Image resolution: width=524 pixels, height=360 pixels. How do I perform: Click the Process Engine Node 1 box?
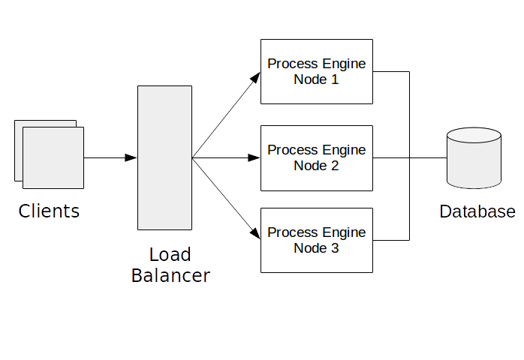point(316,71)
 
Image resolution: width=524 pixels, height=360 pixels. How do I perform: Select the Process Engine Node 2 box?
point(316,157)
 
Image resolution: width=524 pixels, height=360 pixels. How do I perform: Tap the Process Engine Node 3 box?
point(316,240)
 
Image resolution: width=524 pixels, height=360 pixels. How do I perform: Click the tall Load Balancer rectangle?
point(164,157)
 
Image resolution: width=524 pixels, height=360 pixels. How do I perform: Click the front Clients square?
point(53,157)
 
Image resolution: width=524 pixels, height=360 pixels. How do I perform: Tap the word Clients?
point(49,211)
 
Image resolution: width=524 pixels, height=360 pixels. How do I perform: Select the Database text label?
point(477,211)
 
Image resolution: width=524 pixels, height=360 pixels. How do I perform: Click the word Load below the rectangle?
point(170,254)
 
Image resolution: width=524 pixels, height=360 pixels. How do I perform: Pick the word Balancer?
point(170,275)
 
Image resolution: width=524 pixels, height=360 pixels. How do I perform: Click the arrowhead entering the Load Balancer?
point(131,157)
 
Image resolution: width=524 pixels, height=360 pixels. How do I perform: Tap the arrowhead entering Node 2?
point(254,157)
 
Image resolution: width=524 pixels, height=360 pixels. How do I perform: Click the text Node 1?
point(316,79)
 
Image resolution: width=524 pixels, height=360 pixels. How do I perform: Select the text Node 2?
point(316,166)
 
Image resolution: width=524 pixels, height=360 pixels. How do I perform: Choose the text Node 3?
point(316,248)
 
